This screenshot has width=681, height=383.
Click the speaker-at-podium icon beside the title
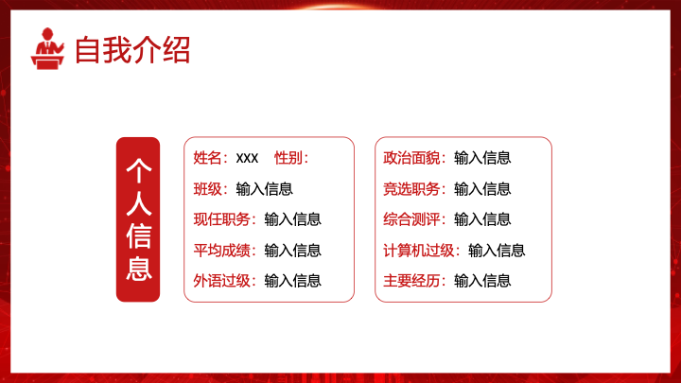pos(48,48)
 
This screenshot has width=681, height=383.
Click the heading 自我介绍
pos(132,50)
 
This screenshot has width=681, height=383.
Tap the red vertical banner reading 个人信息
pos(138,219)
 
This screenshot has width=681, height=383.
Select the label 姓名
pos(207,158)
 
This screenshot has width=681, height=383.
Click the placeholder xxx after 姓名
pos(247,158)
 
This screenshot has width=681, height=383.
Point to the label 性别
pos(288,158)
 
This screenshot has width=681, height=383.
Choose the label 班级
pos(207,189)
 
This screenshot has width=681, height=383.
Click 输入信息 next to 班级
pos(265,189)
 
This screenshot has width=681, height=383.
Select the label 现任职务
pos(222,219)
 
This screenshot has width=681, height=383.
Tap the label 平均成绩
pos(222,251)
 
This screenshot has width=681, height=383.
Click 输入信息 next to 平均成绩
pos(292,251)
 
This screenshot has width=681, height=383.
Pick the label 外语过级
pos(222,281)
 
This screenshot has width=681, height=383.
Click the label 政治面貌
pos(411,158)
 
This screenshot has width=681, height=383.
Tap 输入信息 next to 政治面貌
pos(482,158)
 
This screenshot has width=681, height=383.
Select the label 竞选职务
pos(411,189)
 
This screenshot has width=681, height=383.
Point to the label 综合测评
pos(411,219)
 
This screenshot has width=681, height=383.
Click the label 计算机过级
pos(419,251)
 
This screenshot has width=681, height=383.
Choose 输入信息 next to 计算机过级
pos(497,251)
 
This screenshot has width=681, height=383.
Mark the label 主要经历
pos(411,281)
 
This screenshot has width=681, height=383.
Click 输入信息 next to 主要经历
pos(482,281)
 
